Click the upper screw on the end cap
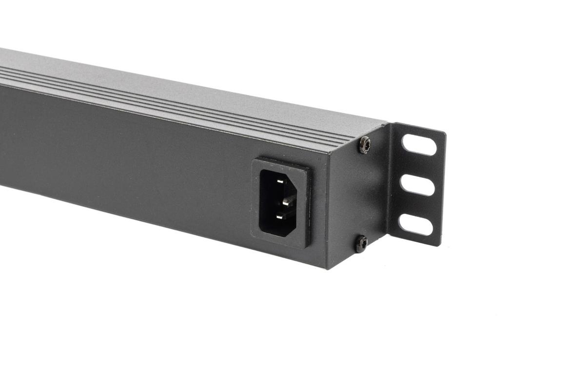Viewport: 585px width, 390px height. (365, 145)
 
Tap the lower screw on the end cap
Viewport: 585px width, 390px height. (361, 243)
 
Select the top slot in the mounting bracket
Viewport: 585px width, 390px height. (419, 145)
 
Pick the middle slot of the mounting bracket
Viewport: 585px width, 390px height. (417, 185)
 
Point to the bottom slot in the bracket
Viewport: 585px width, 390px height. (416, 225)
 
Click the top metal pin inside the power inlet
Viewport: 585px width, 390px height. (279, 181)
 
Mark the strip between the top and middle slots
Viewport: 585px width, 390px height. (418, 165)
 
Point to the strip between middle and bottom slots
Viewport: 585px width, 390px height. (417, 205)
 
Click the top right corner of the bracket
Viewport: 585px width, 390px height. (444, 133)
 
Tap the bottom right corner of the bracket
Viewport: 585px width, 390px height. (440, 245)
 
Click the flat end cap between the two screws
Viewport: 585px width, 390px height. (358, 195)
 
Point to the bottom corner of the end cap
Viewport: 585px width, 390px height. (327, 268)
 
